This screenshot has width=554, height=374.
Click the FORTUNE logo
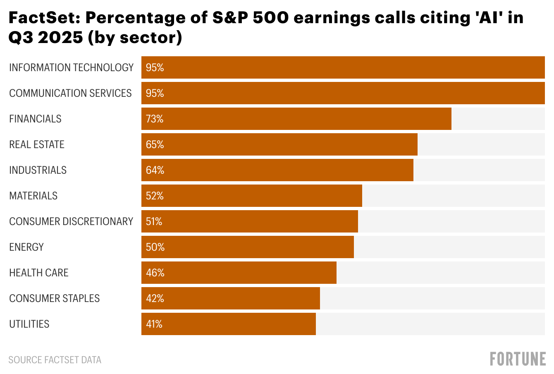tap(518, 359)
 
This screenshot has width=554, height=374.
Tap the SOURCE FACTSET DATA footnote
tap(55, 360)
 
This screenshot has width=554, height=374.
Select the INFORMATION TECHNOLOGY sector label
tap(71, 67)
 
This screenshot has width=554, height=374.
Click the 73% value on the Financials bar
tap(155, 119)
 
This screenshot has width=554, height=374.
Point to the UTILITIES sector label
tap(29, 324)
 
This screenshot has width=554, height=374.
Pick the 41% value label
tap(154, 324)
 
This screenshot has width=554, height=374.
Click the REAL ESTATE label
tap(37, 144)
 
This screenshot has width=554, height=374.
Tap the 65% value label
tap(155, 145)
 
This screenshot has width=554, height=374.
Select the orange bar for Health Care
tap(248, 273)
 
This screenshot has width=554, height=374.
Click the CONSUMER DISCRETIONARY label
tap(71, 221)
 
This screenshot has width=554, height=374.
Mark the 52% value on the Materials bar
tap(155, 196)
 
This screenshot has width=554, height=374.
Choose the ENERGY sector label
tap(26, 247)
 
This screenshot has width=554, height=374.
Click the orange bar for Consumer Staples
tap(240, 298)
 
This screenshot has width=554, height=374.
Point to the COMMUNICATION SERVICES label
tap(70, 93)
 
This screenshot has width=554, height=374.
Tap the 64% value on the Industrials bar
tap(155, 170)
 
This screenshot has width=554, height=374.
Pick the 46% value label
tap(155, 273)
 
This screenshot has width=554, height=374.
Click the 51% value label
tap(154, 222)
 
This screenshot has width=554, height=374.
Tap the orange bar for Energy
tap(256, 247)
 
